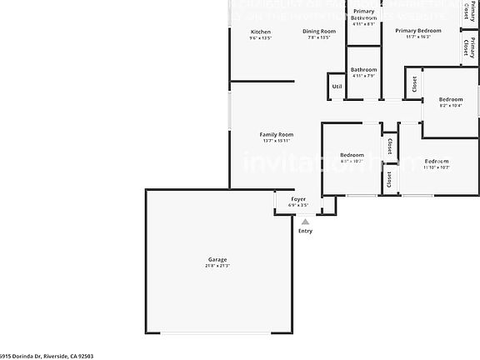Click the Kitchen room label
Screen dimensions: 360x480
pos(260,32)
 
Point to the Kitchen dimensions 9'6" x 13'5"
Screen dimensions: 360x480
pos(260,38)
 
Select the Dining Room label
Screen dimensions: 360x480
pos(319,32)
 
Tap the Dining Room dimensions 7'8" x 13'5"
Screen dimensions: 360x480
pos(319,38)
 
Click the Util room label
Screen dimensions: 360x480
pos(337,86)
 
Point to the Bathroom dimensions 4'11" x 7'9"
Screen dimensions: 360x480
pos(363,77)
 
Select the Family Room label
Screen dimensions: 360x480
pos(277,134)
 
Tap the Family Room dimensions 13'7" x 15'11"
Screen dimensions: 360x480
pos(277,141)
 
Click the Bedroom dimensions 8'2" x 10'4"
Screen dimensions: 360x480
pos(451,105)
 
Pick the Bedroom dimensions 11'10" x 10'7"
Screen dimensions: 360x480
pos(437,167)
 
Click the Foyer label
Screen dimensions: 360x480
pos(298,199)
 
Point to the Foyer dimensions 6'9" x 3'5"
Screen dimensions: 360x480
pos(298,205)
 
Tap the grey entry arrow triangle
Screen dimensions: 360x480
pos(306,222)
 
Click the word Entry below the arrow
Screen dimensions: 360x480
pos(306,231)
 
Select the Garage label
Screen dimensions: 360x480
pos(217,259)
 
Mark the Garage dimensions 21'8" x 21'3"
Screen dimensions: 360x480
pos(217,266)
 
